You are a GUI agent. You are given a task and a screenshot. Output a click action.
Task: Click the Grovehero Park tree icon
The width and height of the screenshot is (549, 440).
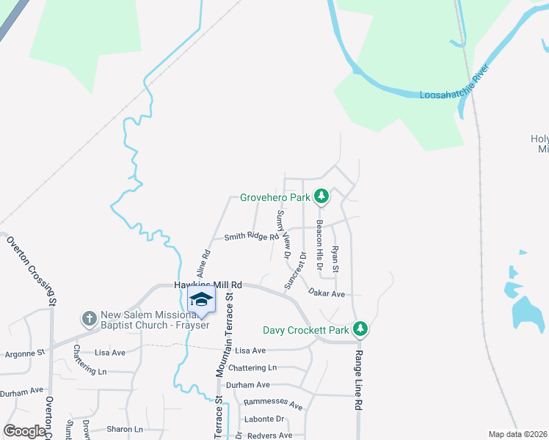point(321,197)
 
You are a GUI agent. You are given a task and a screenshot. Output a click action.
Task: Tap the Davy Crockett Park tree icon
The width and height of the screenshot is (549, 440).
point(360,329)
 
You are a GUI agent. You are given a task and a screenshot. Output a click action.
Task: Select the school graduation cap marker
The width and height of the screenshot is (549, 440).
point(201,299)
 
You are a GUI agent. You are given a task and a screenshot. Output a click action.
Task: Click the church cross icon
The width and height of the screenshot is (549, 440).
point(90,318)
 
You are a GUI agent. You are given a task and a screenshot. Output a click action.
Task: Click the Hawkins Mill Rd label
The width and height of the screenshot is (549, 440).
point(208,285)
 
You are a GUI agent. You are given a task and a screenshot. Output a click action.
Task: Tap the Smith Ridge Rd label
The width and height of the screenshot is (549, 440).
point(251,236)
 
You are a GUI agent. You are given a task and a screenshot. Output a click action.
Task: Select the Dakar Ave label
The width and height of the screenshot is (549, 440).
point(327,293)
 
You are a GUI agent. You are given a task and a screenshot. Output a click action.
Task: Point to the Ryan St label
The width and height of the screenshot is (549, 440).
point(335,260)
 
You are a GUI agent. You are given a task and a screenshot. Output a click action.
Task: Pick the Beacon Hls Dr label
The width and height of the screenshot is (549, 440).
point(319,243)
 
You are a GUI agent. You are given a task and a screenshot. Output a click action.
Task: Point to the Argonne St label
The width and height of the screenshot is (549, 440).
point(23,353)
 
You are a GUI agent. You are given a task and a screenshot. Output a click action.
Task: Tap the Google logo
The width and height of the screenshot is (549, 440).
point(25,431)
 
